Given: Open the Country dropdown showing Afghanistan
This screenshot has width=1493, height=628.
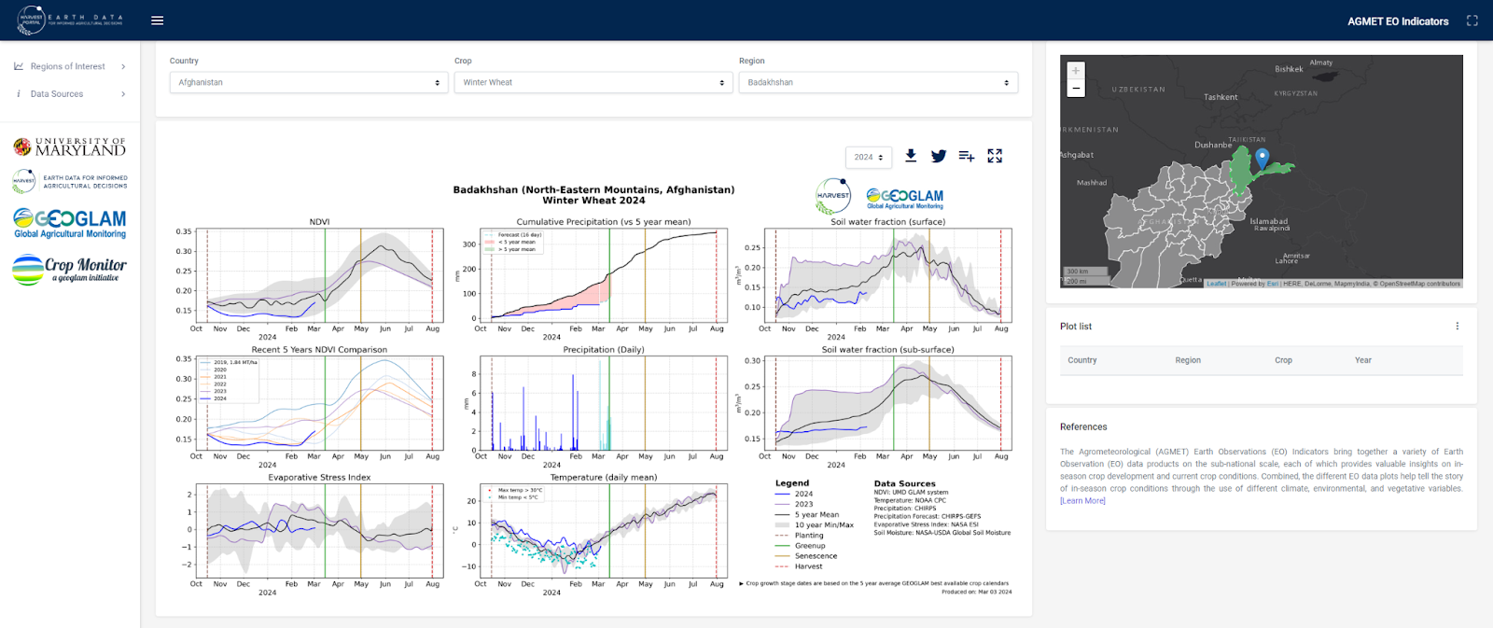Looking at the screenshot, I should tap(309, 83).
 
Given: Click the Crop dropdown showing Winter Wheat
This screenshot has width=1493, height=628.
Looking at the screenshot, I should tap(593, 83).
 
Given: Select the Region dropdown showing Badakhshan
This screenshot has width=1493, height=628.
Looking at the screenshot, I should tap(877, 83).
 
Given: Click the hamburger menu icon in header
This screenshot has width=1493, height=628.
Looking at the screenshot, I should tap(158, 21).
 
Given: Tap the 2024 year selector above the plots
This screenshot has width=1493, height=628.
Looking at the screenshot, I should tap(868, 158).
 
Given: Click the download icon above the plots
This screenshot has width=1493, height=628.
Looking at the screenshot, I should tap(911, 156).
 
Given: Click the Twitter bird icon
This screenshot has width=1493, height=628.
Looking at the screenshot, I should tap(939, 156).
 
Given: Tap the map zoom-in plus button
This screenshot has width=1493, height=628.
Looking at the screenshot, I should tap(1076, 71).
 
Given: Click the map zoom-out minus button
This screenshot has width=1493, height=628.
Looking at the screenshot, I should tap(1076, 89).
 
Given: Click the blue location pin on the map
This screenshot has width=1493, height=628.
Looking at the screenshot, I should tap(1262, 158).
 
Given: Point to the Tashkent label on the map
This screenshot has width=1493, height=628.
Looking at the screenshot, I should tap(1221, 97).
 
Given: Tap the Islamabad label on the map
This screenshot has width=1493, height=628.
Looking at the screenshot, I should tap(1268, 221).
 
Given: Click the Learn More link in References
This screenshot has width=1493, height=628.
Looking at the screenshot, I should tap(1082, 501).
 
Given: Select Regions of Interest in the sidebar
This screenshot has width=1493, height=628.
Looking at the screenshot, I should tap(68, 67).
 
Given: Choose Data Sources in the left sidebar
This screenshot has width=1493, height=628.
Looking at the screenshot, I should tap(57, 94).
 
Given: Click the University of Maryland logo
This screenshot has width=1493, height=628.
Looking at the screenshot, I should tap(70, 147).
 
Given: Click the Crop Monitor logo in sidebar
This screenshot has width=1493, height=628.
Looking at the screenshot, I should tap(70, 269).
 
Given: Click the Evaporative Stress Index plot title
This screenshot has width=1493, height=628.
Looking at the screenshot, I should tap(319, 478).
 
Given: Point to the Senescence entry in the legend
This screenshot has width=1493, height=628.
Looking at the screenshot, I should tap(816, 556).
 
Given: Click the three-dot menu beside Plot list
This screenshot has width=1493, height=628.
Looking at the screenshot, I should tap(1457, 327).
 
